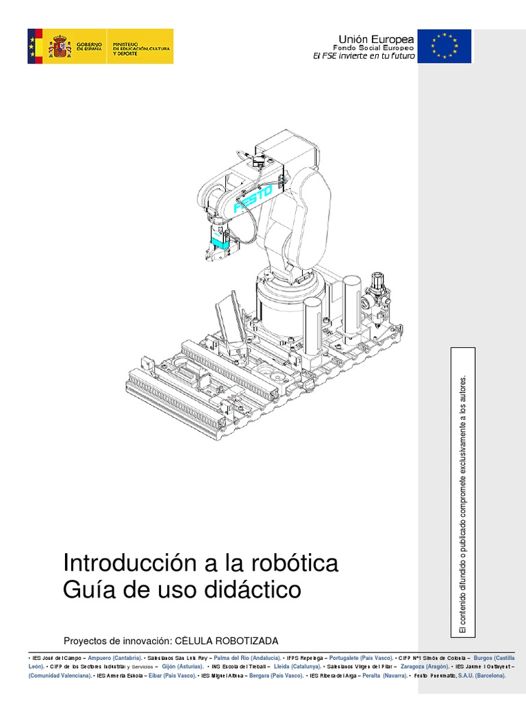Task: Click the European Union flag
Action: (444, 46)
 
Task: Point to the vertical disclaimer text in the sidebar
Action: (462, 504)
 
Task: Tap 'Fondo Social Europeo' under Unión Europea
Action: (373, 49)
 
